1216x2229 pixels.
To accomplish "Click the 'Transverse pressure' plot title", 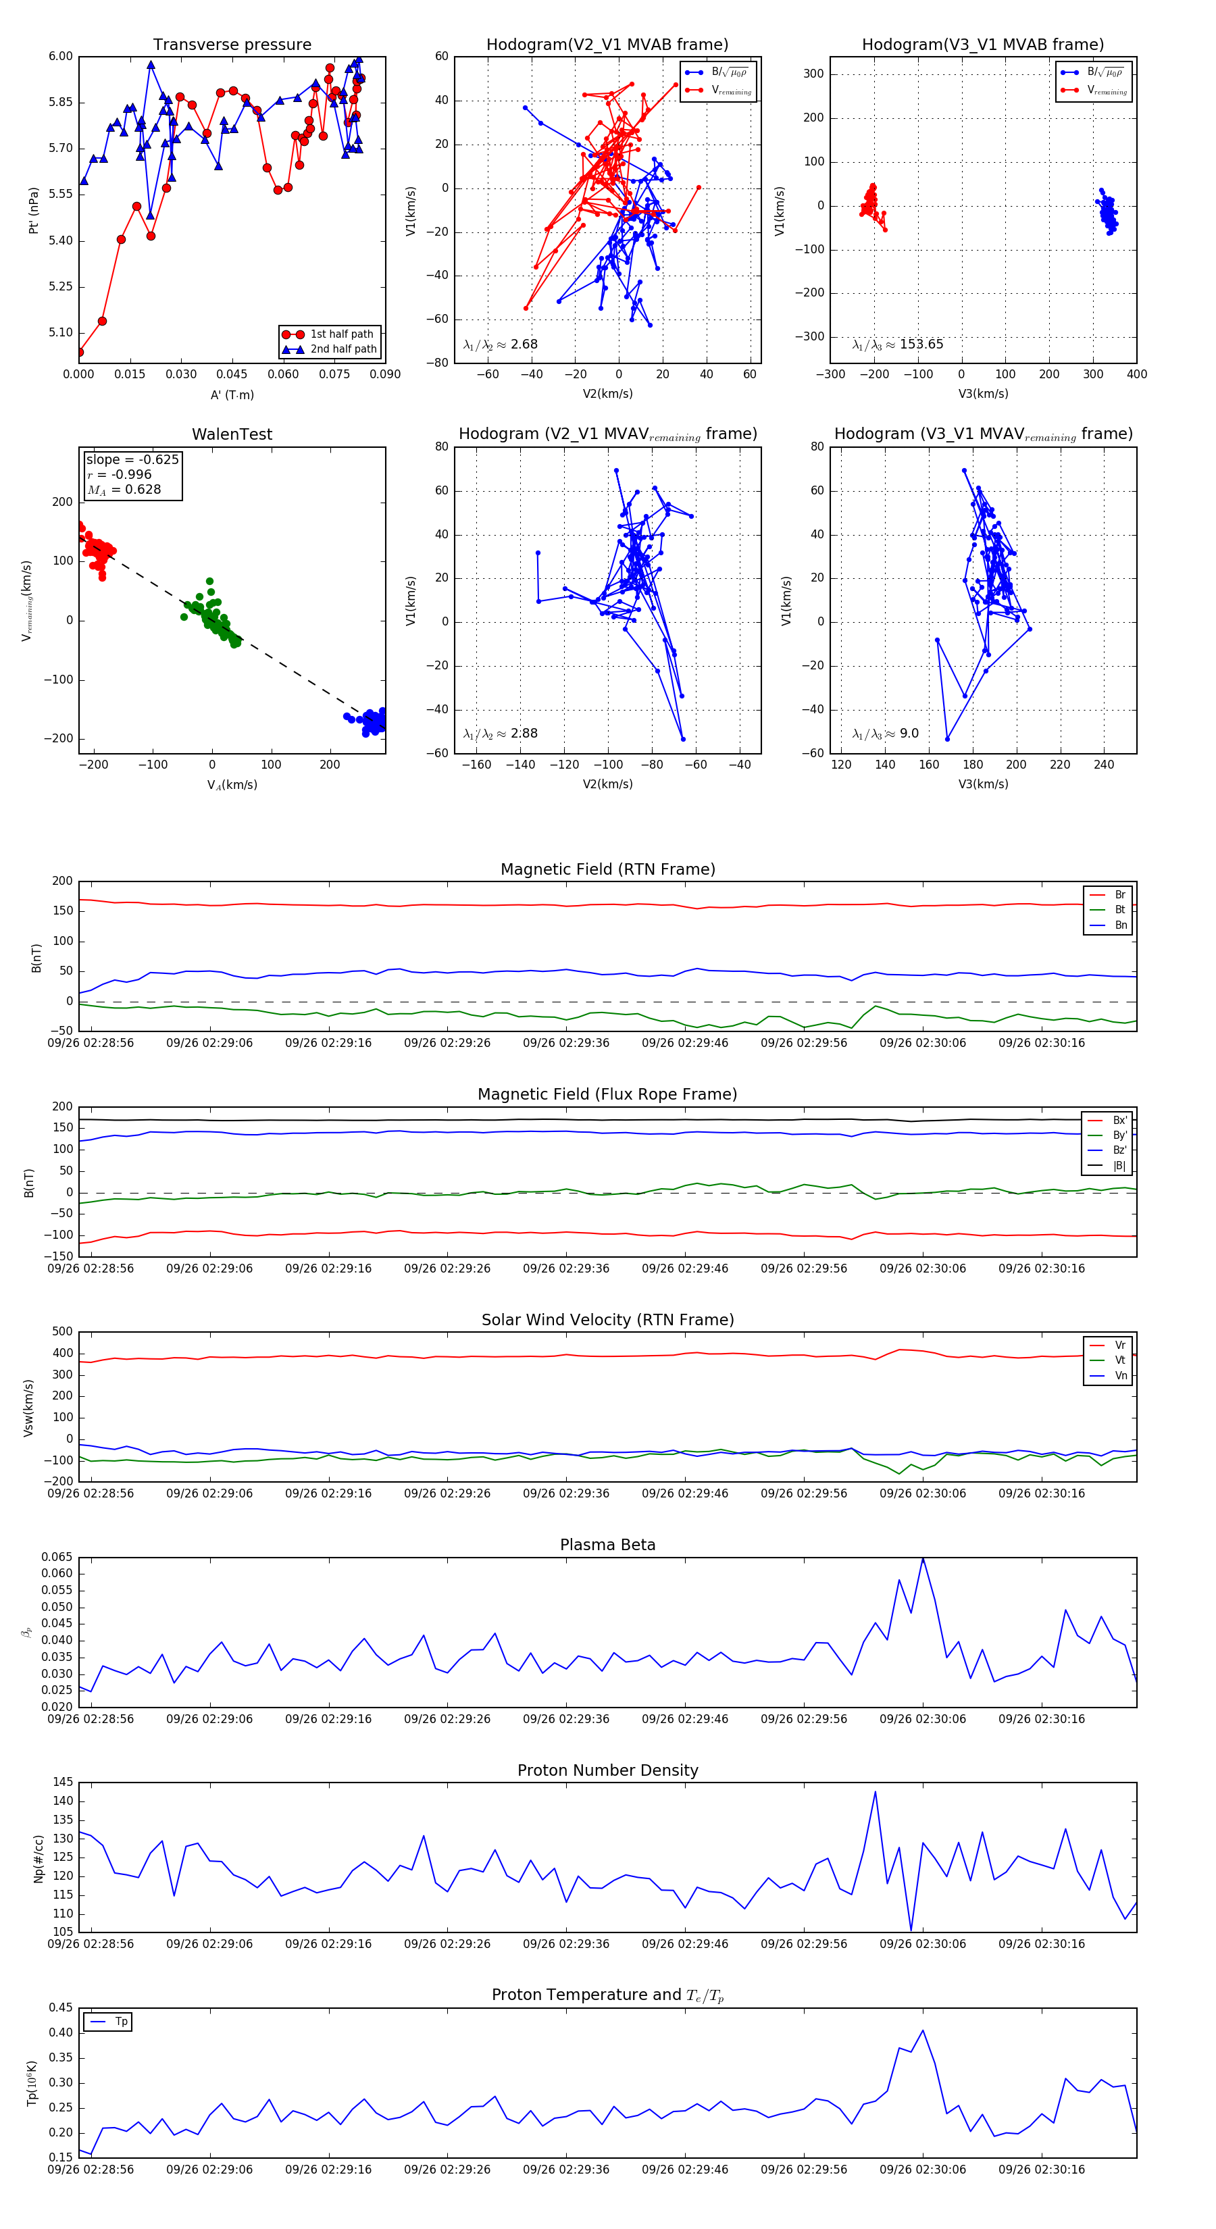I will coord(232,45).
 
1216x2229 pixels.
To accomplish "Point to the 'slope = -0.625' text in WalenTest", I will coord(132,459).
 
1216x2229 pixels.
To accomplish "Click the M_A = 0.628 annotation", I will coord(124,490).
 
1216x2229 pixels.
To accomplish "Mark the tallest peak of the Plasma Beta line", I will coord(923,1558).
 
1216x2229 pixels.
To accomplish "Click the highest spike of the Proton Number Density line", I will coord(875,1792).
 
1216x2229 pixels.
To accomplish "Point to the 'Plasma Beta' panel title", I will coord(607,1545).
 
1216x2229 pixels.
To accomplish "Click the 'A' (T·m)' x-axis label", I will coord(232,395).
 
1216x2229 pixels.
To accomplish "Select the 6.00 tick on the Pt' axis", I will coord(61,56).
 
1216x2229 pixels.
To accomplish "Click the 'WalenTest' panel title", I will coord(232,434).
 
